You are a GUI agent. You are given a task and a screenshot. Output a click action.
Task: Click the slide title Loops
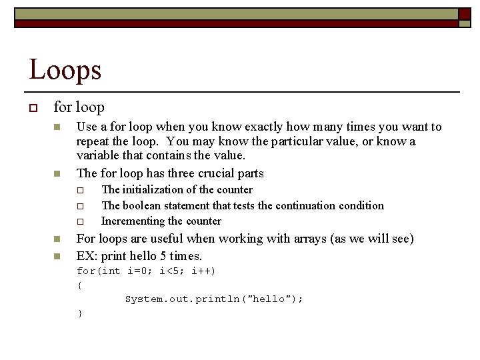click(65, 69)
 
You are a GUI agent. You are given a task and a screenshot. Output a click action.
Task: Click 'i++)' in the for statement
click(204, 271)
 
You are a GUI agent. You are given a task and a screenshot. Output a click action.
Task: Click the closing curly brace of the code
click(79, 313)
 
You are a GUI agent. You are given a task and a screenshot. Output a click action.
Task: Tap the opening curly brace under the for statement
click(79, 285)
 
